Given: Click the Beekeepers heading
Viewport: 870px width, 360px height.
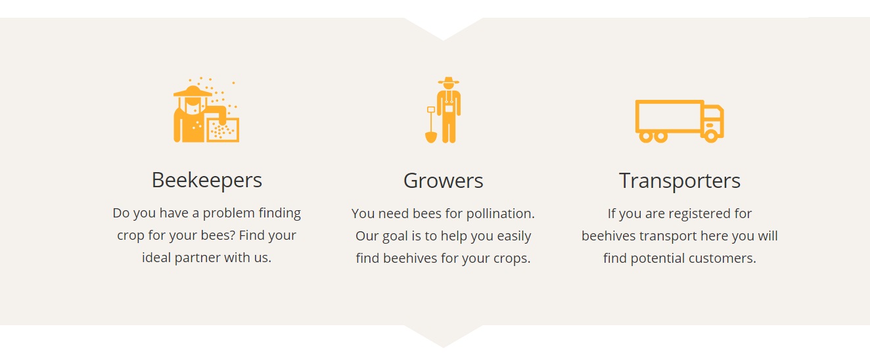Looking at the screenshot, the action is (x=206, y=180).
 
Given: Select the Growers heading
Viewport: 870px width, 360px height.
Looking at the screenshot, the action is (x=443, y=181).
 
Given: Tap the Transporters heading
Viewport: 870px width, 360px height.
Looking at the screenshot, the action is (x=679, y=181).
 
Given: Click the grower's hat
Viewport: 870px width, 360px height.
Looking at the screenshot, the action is (x=449, y=81).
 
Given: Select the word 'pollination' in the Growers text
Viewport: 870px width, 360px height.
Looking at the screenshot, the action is (x=500, y=214).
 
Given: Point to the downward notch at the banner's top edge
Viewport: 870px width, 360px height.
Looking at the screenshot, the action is (x=444, y=39).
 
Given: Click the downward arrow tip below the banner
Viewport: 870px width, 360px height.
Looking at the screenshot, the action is (x=444, y=347).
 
